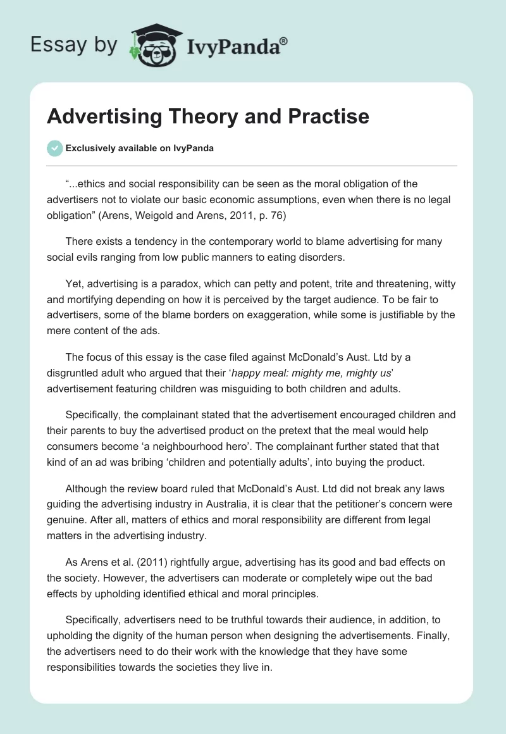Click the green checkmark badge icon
pyautogui.click(x=54, y=149)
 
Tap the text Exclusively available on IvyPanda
pyautogui.click(x=139, y=149)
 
